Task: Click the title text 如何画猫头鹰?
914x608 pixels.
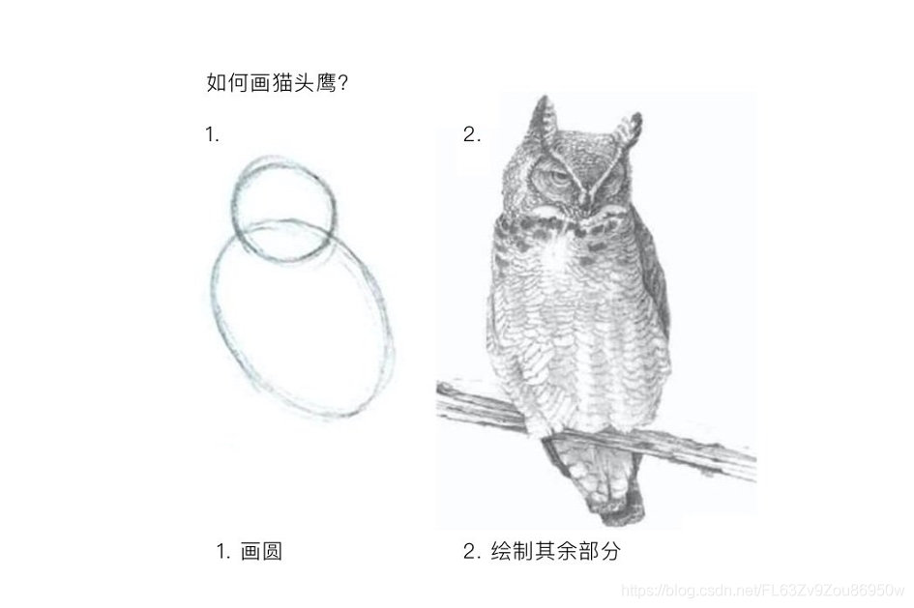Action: click(278, 82)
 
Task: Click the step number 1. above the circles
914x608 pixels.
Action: click(212, 135)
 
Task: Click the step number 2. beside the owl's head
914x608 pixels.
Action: click(472, 135)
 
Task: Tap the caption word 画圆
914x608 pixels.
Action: click(262, 551)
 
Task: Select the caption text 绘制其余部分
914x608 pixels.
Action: click(556, 550)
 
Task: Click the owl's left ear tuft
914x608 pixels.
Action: click(545, 120)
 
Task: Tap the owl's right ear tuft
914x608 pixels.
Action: click(629, 131)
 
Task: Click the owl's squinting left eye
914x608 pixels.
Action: click(549, 177)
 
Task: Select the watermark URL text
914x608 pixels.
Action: click(763, 591)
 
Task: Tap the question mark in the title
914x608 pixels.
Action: click(342, 83)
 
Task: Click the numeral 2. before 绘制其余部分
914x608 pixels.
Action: click(472, 551)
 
